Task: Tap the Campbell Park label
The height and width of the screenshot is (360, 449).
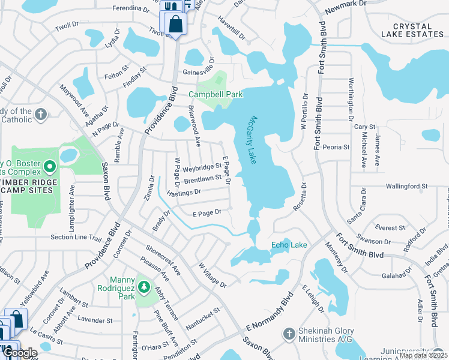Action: tap(215, 94)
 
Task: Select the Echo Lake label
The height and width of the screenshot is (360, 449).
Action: tap(289, 245)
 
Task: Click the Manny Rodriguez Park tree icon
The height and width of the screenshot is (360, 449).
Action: tap(143, 287)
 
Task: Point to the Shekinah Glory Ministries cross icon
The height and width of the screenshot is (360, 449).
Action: tap(288, 332)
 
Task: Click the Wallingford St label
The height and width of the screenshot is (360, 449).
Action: tap(407, 187)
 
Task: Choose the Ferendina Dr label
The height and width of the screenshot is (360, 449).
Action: tap(130, 10)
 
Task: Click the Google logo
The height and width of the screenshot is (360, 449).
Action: tap(20, 353)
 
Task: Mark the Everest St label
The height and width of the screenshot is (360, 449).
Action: tap(389, 228)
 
